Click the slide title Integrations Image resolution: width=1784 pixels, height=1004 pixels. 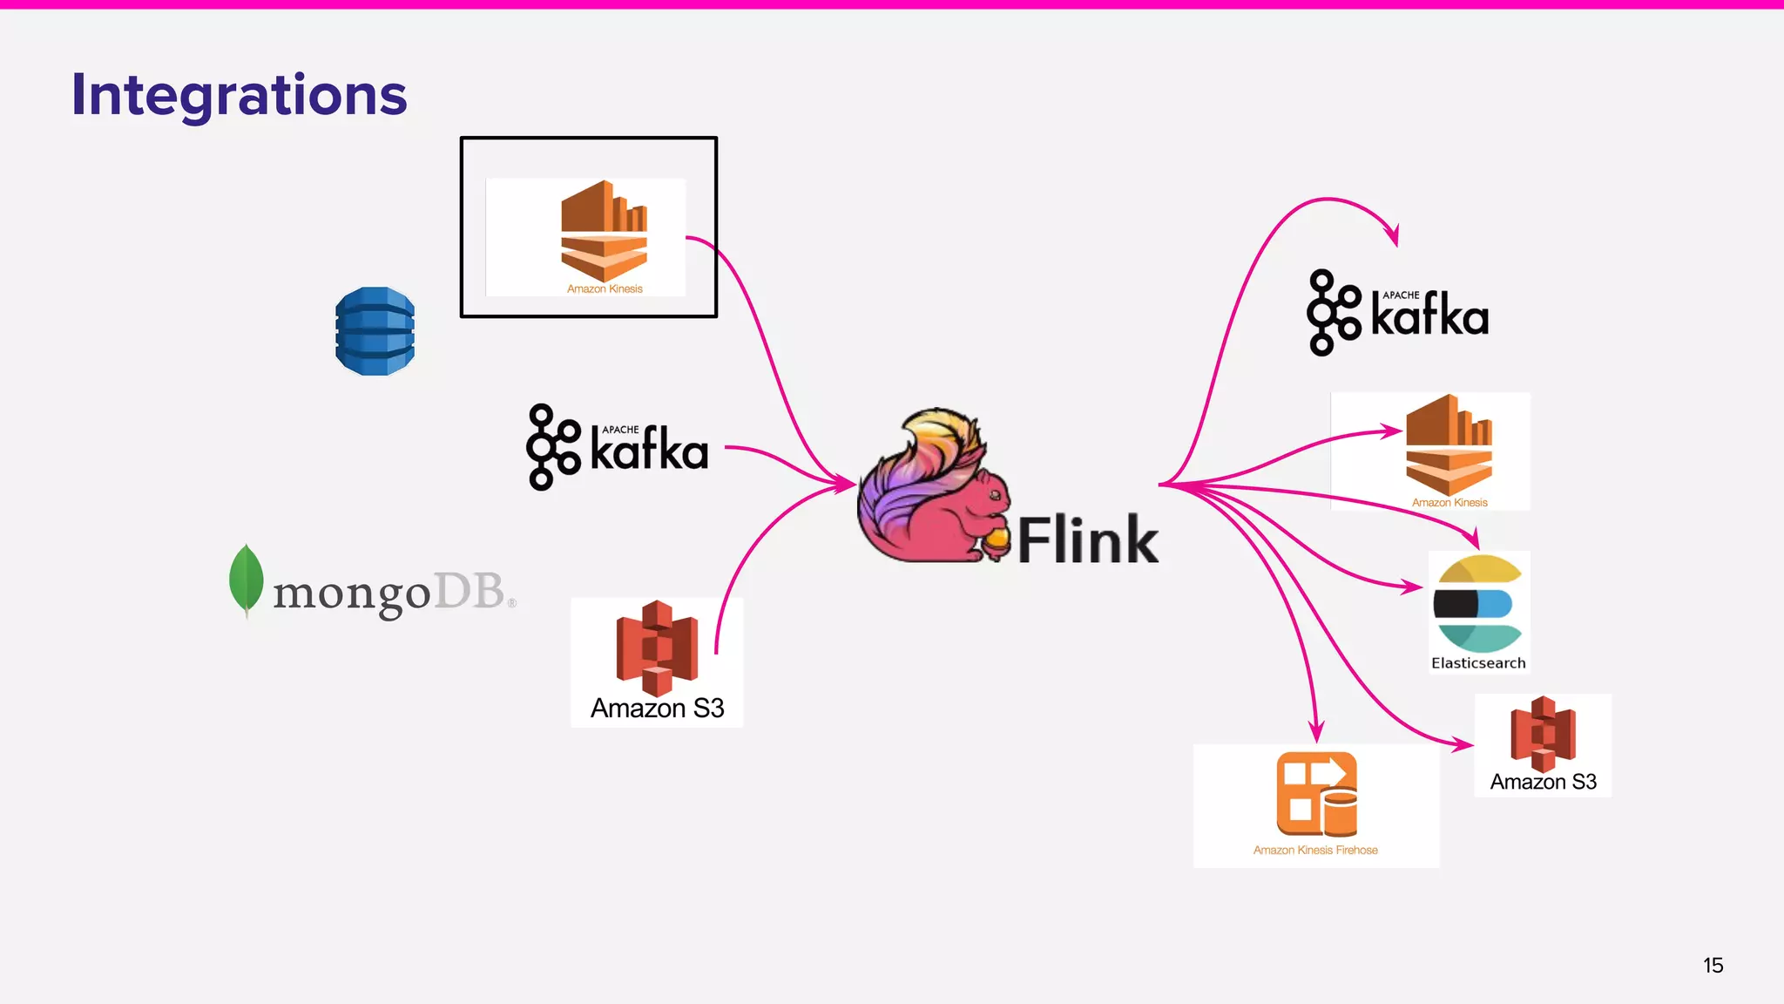point(239,94)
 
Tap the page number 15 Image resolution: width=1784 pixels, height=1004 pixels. point(1713,965)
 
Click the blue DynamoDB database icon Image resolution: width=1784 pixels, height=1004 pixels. point(375,331)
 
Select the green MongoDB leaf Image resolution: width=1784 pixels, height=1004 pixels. point(246,579)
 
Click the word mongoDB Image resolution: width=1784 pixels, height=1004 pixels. point(389,593)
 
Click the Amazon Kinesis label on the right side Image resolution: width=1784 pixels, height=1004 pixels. point(1449,503)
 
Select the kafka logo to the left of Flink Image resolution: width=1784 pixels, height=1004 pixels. point(617,447)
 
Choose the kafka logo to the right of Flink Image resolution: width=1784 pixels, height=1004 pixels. point(1397,312)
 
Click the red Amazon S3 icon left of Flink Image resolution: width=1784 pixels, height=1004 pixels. point(657,647)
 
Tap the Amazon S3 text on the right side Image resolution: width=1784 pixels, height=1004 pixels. point(1543,782)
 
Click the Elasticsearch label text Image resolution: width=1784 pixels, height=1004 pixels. point(1478,663)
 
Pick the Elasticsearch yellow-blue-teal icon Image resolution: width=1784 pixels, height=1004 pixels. point(1478,603)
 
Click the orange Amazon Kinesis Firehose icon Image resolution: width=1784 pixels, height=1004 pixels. point(1316,794)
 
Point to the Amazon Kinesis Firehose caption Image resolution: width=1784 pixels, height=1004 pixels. point(1315,850)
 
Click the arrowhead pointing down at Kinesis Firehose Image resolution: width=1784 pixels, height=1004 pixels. point(1317,731)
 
